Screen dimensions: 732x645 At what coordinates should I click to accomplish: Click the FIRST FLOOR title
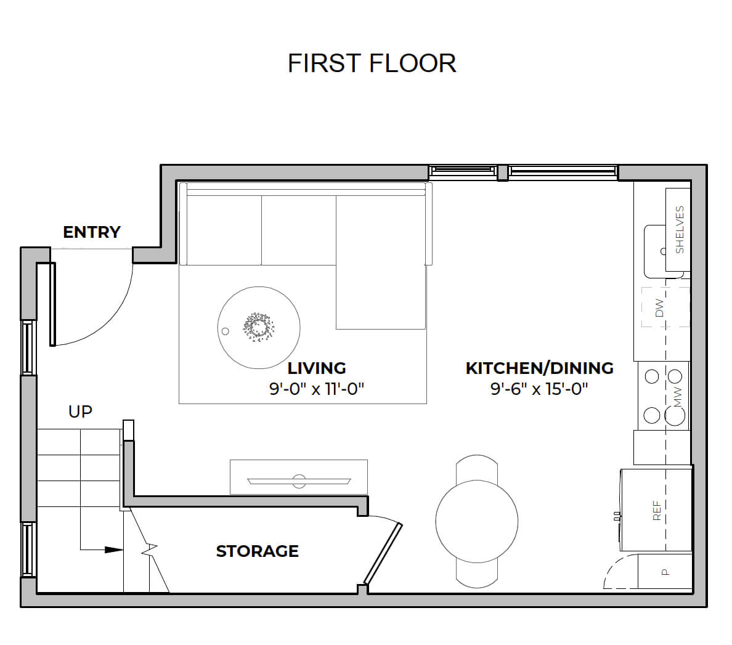372,63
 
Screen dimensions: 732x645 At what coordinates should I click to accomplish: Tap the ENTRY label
92,232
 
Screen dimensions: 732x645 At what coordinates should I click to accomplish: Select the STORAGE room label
257,551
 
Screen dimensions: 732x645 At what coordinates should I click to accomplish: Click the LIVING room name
317,368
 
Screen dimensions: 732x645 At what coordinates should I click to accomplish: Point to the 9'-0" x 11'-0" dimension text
317,389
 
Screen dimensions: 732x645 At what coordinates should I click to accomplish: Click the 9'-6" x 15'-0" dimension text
539,389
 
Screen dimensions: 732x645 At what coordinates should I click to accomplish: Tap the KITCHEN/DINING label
540,368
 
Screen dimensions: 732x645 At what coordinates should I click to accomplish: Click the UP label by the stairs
80,412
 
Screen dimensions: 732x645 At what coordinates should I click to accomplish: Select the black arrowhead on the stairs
113,550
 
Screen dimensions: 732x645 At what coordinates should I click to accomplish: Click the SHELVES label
680,230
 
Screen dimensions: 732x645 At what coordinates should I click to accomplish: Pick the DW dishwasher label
659,308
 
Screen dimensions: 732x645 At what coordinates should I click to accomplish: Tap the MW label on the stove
678,397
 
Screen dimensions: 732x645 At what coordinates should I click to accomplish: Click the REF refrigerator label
657,511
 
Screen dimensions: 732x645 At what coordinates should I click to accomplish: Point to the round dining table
477,521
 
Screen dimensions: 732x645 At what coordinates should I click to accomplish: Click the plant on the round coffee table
258,327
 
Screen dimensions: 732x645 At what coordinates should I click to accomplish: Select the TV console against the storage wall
299,477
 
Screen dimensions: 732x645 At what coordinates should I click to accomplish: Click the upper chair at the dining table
477,468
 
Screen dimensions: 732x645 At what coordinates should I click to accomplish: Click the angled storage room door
383,553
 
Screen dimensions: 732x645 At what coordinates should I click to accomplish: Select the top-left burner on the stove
652,376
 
